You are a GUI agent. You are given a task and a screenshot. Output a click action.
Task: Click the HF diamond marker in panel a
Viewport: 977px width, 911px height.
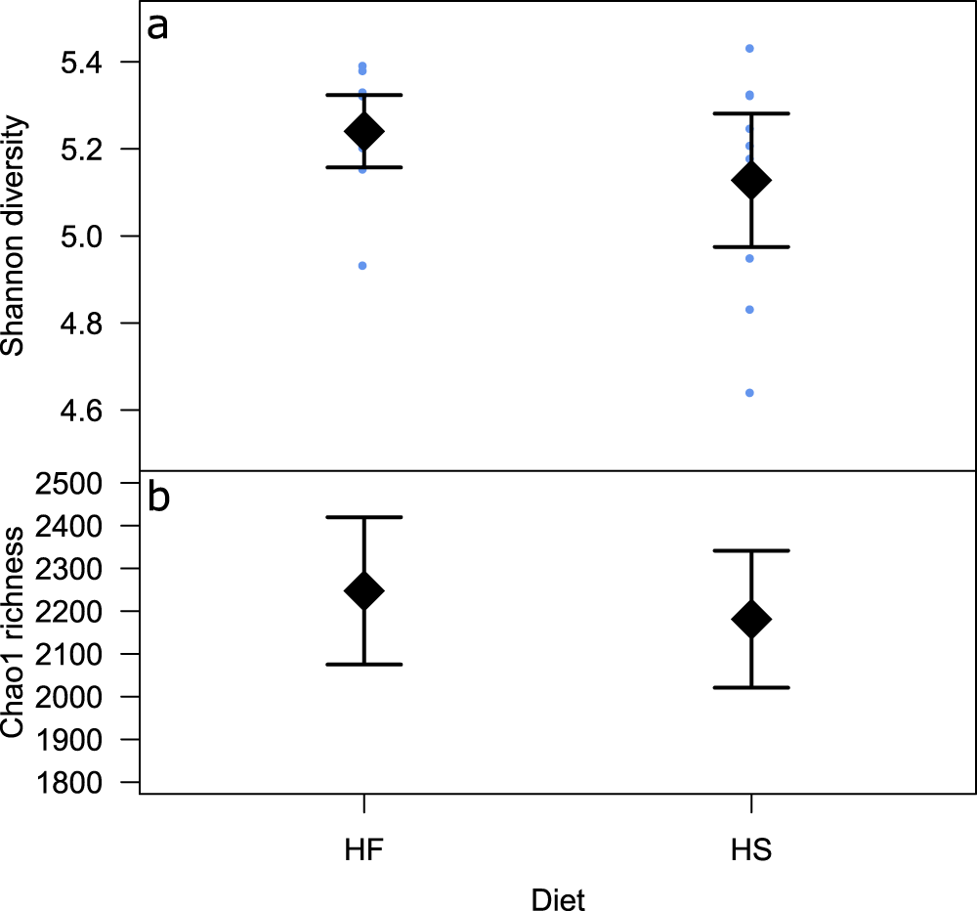364,131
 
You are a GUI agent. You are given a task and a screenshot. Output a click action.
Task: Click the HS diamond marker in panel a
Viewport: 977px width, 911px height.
751,181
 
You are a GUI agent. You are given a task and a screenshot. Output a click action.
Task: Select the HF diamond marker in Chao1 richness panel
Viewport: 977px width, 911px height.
364,590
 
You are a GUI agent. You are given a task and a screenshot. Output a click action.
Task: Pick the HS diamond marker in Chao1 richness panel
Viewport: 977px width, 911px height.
751,619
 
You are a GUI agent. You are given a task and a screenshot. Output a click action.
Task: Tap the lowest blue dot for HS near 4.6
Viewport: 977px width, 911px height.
749,393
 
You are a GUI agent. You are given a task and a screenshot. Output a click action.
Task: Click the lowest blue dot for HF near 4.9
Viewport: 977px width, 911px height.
362,266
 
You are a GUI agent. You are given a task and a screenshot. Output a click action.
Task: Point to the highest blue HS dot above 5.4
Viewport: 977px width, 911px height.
749,48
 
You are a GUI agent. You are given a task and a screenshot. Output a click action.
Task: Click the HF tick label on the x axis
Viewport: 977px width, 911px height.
363,849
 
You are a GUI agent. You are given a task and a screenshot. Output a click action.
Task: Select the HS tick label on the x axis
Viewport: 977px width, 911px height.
751,849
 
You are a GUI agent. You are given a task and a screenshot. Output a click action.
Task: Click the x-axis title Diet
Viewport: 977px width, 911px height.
557,898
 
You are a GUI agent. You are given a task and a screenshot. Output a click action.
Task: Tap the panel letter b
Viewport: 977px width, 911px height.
158,498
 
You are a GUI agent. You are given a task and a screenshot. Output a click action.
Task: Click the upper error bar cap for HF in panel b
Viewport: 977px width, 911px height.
364,517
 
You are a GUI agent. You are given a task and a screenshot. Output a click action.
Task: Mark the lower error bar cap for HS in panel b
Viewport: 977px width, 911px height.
751,687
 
